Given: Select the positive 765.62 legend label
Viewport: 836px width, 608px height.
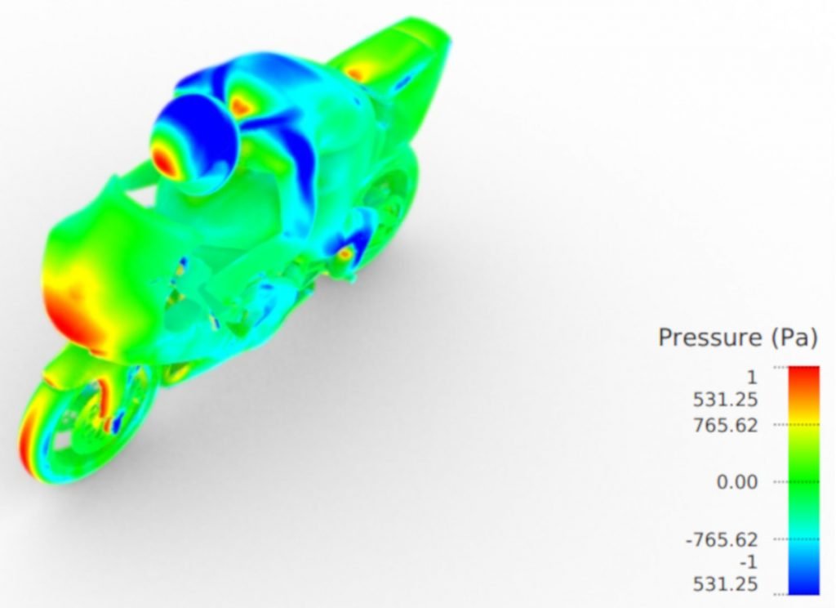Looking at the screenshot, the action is pos(725,426).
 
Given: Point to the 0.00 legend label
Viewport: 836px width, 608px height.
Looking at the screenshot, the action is pos(737,482).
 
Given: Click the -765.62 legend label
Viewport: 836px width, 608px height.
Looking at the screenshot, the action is pos(722,539).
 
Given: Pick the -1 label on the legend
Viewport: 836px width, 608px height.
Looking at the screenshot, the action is pos(748,562).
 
